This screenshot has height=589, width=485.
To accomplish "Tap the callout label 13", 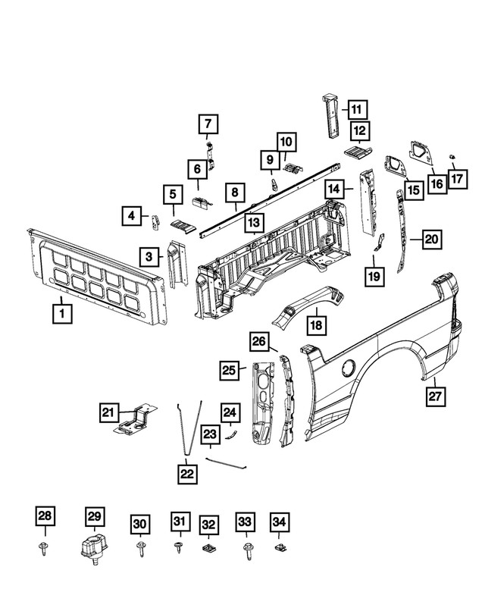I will coord(253,224).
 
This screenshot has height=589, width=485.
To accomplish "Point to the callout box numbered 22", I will coord(186,475).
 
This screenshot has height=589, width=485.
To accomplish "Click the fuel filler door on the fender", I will coord(349,368).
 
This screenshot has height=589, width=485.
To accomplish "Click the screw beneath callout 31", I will coord(180,546).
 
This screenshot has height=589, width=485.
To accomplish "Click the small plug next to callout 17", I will coord(452,157).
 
